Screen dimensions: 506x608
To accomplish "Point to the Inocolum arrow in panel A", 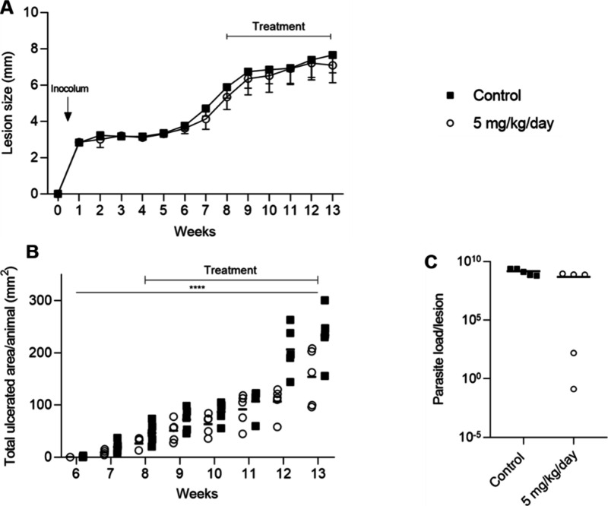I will click(x=68, y=113).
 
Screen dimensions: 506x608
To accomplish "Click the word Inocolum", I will click(x=70, y=89).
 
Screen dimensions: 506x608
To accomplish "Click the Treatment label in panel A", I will click(x=279, y=26).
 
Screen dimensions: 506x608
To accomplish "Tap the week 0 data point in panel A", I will click(x=57, y=194).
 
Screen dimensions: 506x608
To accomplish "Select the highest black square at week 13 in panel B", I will click(x=325, y=300).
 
